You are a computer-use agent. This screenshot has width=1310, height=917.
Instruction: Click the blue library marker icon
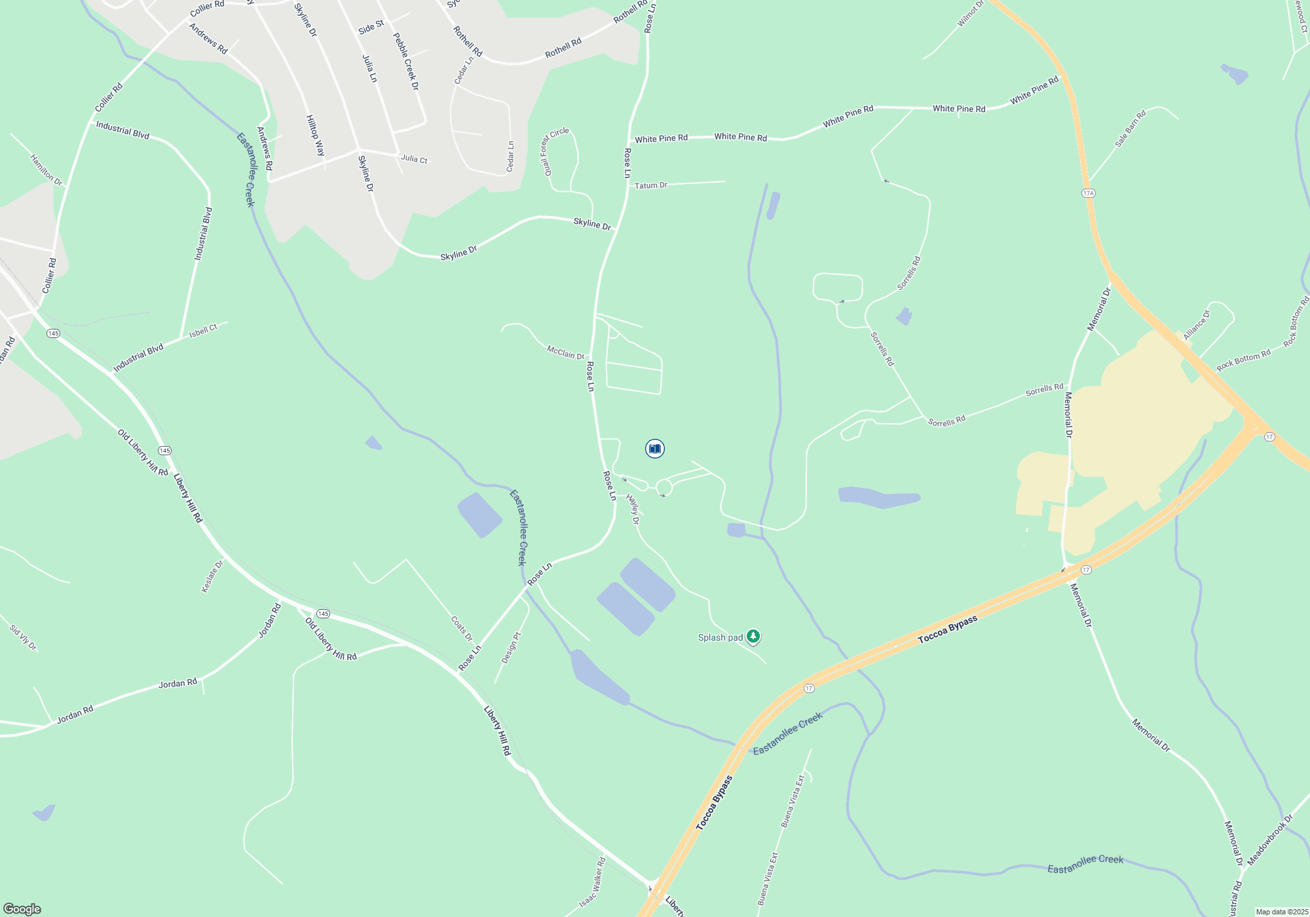point(655,449)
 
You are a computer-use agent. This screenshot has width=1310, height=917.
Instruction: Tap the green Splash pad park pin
point(753,636)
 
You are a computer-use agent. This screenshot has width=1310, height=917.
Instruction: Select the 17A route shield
point(1088,193)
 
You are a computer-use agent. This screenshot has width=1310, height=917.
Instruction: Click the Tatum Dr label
point(651,185)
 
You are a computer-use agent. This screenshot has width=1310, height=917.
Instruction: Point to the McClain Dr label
point(565,353)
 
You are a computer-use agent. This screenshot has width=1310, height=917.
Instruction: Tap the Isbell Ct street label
point(203,331)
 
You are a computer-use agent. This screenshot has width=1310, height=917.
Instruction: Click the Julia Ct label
point(414,159)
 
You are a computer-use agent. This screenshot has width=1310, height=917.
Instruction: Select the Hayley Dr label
point(633,509)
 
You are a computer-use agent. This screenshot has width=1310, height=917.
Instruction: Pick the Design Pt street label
point(511,648)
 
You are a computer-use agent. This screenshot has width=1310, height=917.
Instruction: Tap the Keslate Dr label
point(212,576)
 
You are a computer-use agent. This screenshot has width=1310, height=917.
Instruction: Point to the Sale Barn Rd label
point(1131,128)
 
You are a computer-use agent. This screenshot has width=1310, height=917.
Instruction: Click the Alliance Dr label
point(1197,324)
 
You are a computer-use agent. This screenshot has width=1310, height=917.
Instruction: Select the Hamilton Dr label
point(46,170)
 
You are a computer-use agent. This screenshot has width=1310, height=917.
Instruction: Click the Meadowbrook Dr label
point(1270,840)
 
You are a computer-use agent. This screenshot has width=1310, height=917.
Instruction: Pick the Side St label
point(371,28)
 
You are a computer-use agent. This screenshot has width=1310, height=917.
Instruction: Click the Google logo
point(22,908)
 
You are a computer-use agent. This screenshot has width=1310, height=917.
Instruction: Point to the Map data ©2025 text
point(1281,912)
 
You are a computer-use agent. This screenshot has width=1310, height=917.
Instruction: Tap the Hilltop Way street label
point(315,136)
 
